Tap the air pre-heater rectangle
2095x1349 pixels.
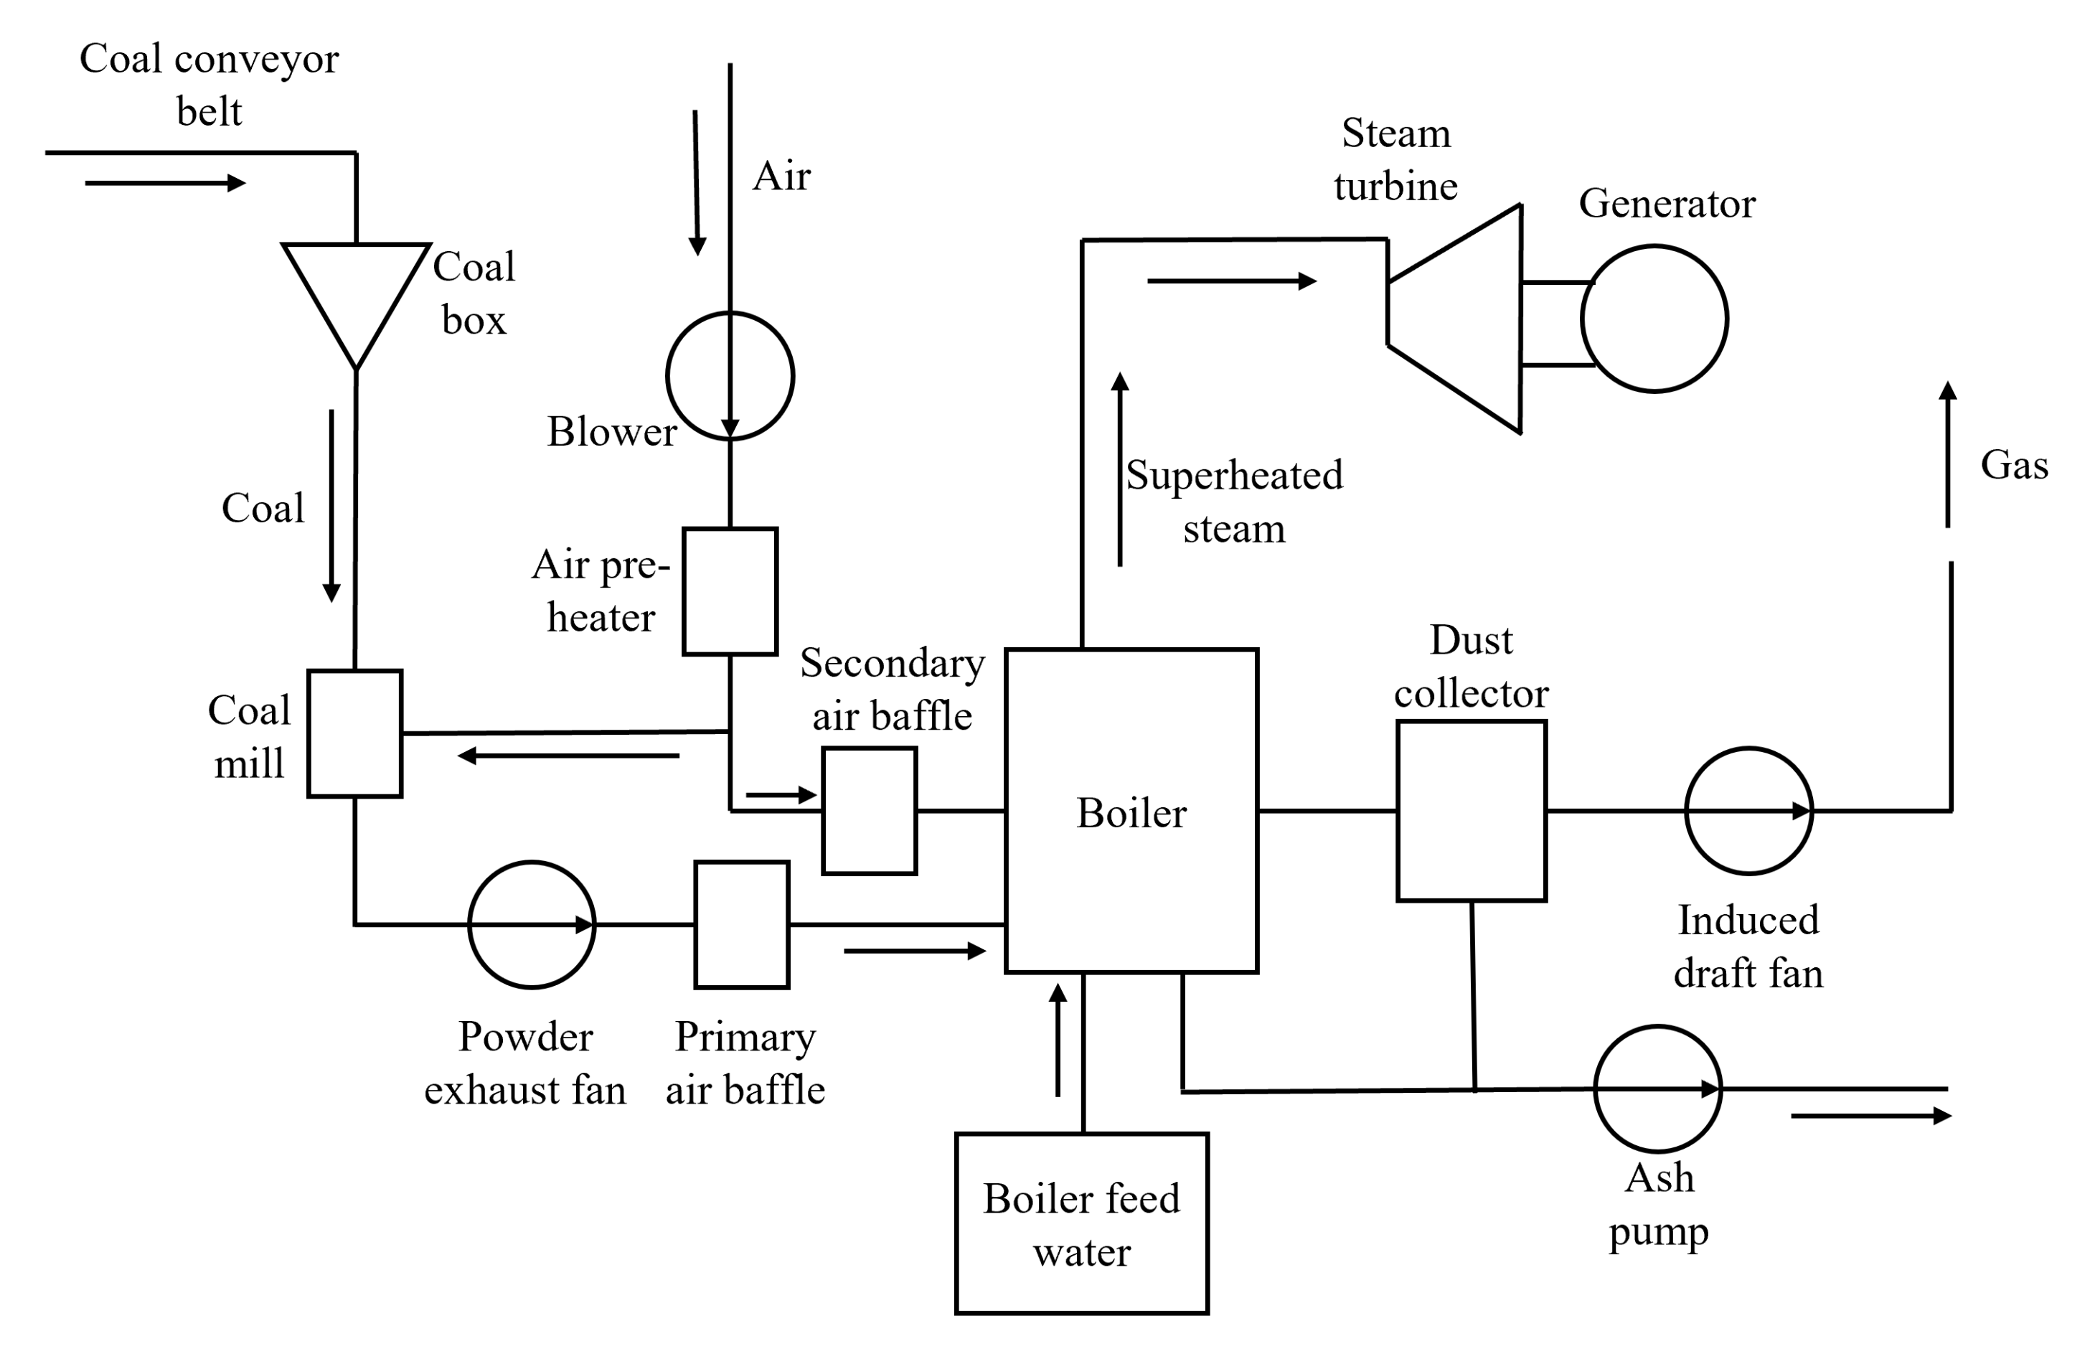730,591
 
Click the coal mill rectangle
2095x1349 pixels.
354,733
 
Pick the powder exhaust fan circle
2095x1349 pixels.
532,925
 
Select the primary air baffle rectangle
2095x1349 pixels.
742,925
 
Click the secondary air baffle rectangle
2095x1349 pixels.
869,811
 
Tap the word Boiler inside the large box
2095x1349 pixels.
1131,814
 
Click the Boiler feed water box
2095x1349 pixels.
1082,1225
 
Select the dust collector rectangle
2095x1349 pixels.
1472,811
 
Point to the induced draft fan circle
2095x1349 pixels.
1749,811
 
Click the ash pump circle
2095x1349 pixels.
1658,1089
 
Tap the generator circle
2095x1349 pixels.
1654,319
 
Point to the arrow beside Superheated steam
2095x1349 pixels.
1120,469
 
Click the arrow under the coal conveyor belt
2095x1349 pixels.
164,183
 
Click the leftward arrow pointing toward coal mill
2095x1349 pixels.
568,755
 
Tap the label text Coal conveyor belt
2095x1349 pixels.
209,85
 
